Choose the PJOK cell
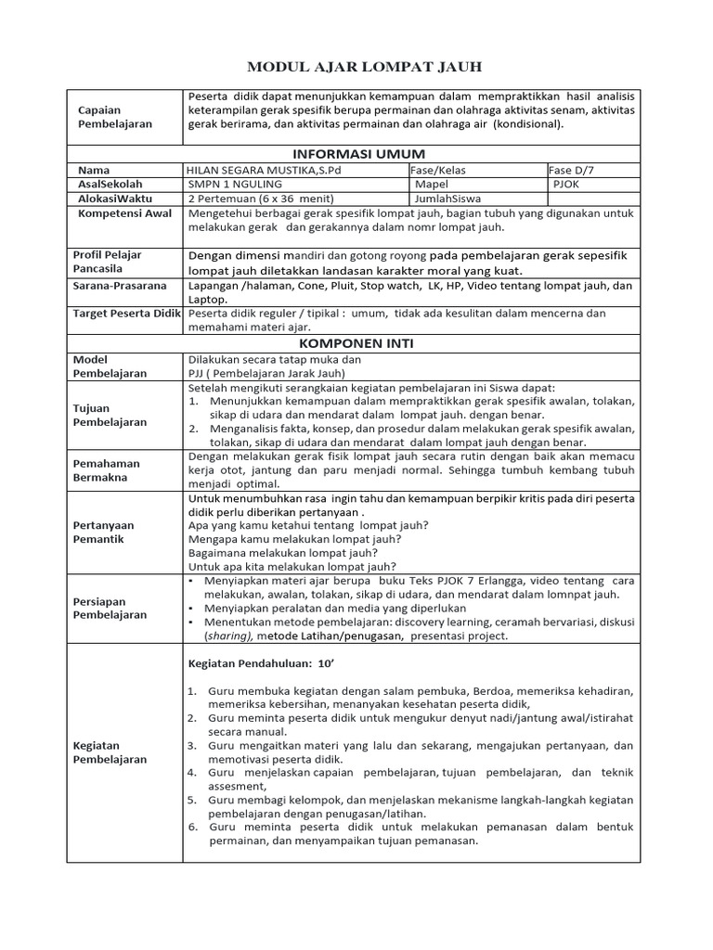(567, 184)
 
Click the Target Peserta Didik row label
(126, 314)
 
